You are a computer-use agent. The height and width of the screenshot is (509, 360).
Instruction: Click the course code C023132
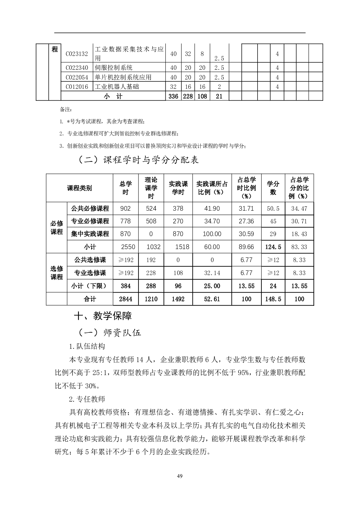point(77,54)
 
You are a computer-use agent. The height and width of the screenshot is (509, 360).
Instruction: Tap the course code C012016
point(77,87)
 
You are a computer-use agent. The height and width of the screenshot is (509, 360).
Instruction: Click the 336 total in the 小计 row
point(173,96)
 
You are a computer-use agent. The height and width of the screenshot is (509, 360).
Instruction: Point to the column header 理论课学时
point(151,188)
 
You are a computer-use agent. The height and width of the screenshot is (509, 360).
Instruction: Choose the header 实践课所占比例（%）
point(212,188)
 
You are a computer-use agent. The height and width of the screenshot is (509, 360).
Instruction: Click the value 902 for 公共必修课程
point(125,209)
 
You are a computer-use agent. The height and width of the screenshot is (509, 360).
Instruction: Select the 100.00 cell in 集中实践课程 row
point(212,234)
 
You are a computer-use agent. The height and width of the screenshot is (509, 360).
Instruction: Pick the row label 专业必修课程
point(90,221)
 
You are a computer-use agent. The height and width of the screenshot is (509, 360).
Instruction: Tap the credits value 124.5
point(273,247)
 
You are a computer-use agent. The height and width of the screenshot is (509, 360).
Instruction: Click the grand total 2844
point(125,299)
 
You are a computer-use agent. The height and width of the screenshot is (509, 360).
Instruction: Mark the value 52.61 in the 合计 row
point(212,299)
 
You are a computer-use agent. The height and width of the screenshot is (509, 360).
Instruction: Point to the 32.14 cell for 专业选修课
point(212,273)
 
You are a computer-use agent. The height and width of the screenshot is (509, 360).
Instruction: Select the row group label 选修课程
point(57,273)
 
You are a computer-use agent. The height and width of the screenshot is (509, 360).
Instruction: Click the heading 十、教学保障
point(103,316)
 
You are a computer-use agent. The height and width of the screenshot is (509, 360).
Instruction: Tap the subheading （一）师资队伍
point(109,333)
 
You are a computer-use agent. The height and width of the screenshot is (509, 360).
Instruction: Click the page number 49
point(180,476)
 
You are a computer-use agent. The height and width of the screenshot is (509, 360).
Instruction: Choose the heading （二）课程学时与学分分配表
point(138,160)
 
